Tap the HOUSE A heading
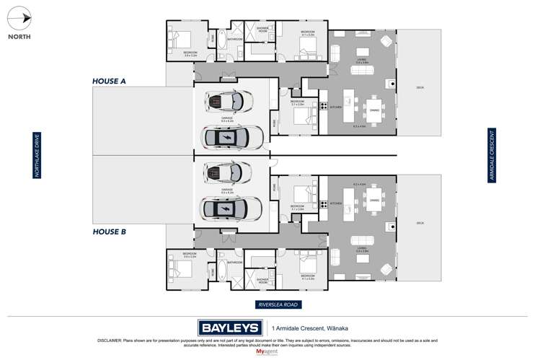coord(109,82)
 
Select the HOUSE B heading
coord(109,232)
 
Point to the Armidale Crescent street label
coord(492,154)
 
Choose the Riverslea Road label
coord(278,304)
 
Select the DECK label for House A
coord(420,88)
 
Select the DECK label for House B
coord(420,224)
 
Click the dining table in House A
coord(373,110)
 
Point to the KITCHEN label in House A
coord(335,107)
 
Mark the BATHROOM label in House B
coord(235,263)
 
